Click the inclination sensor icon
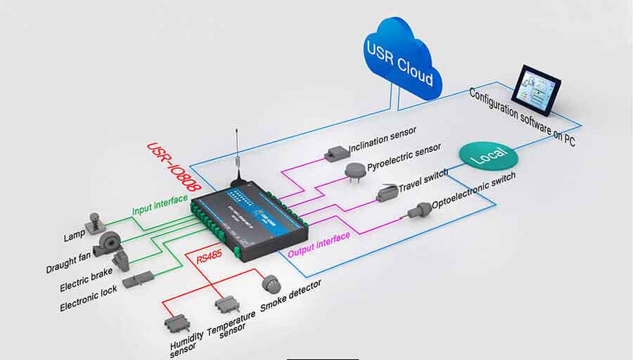pos(336,153)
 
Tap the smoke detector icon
pos(271,283)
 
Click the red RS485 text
pos(210,259)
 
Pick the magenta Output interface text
pos(319,241)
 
